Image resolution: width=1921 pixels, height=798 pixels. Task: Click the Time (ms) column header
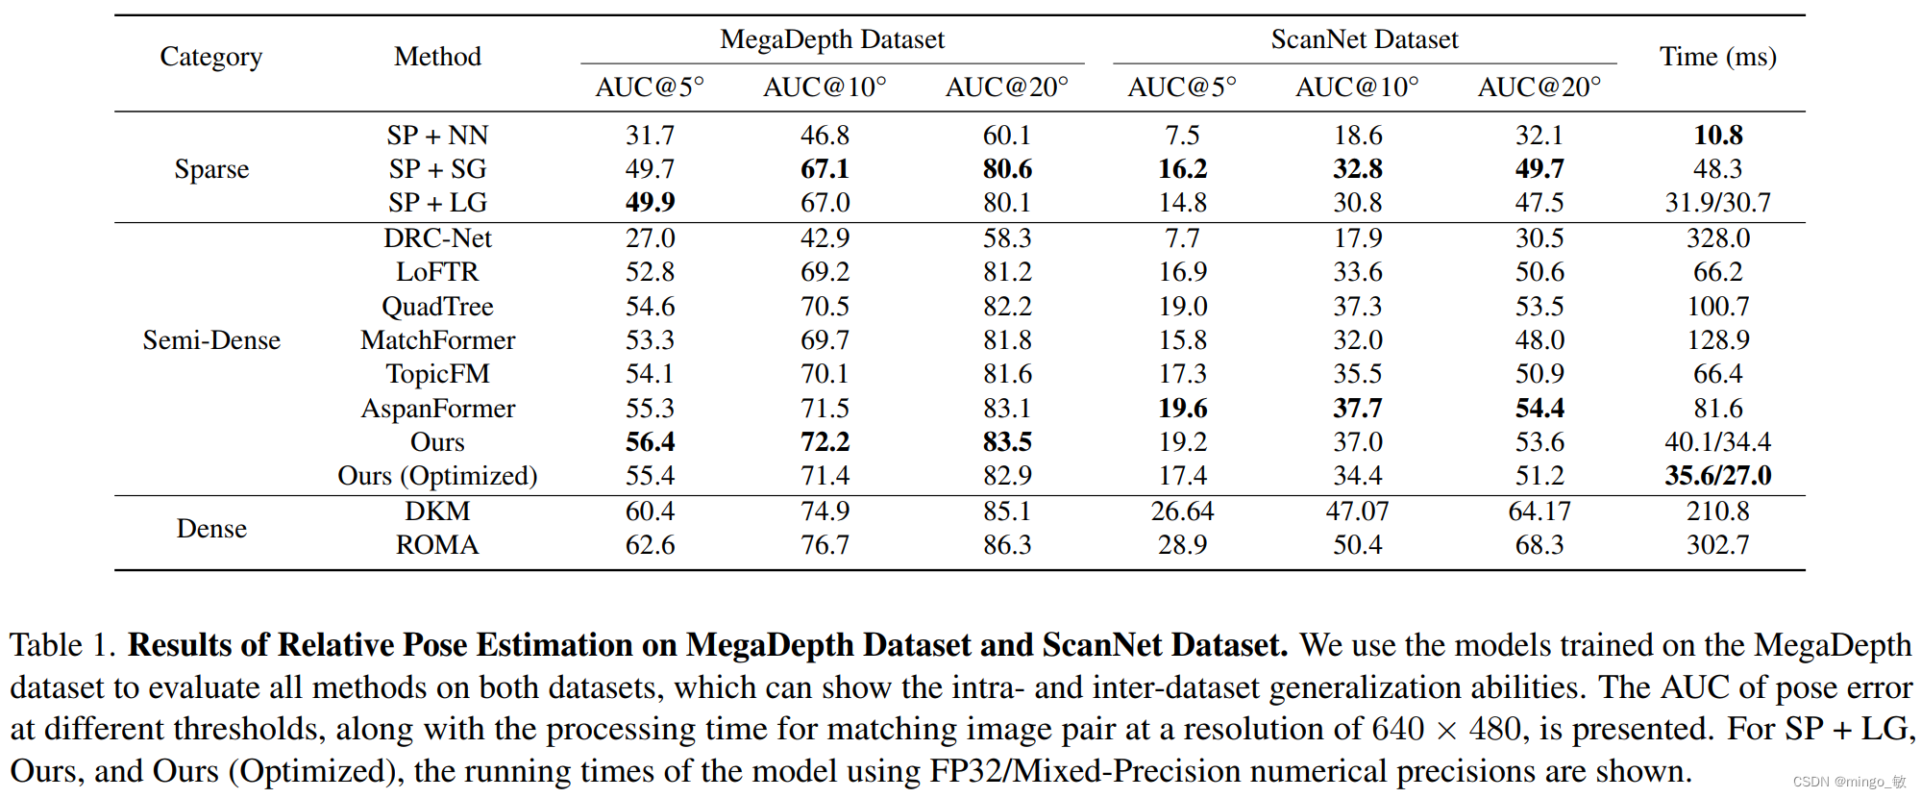1717,57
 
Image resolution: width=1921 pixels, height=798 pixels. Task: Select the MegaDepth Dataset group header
832,39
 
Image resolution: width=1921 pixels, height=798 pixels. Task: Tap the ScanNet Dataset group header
1364,39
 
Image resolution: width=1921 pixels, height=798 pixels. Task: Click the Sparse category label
211,169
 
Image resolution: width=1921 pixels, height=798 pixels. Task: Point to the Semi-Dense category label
211,340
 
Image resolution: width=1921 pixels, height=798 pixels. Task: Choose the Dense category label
211,529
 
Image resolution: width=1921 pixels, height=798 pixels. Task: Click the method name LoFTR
437,272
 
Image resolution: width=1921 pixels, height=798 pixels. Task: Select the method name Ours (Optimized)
437,476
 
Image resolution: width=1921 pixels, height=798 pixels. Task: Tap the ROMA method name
437,545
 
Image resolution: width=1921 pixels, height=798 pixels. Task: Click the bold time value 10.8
1717,136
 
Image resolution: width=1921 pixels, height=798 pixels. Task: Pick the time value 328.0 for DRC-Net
1717,238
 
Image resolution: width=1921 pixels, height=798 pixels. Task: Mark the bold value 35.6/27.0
1717,476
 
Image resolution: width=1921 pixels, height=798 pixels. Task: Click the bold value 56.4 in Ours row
650,442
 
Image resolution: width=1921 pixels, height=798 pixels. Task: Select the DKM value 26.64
1182,511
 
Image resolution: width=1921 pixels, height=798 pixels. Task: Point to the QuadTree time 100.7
1717,307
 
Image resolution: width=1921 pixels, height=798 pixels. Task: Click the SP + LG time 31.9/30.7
1717,203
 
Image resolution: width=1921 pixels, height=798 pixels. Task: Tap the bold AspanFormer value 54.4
1539,409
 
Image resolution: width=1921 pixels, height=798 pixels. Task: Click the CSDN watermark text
1848,782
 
